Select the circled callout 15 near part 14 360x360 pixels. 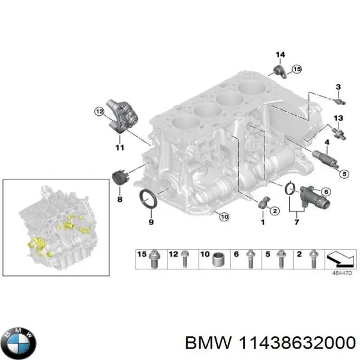point(296,70)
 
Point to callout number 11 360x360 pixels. point(119,147)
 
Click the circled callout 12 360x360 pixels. point(98,111)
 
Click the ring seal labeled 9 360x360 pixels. point(148,199)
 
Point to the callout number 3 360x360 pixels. point(338,88)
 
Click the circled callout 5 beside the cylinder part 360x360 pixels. point(344,174)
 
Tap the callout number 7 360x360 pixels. point(296,223)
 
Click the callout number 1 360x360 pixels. point(262,223)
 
